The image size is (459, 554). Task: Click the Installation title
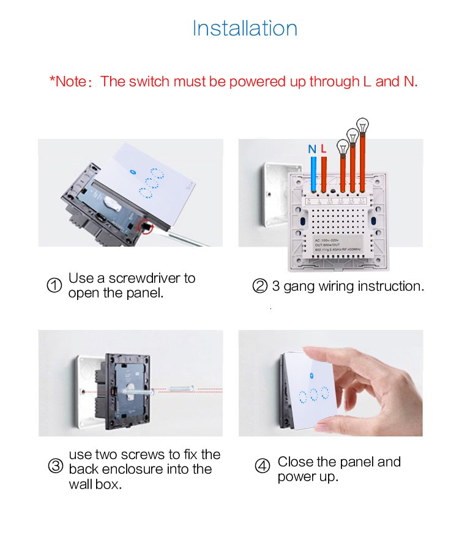[245, 28]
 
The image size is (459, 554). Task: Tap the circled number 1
[54, 286]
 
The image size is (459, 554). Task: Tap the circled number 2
[259, 286]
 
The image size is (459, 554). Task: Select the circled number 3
[55, 466]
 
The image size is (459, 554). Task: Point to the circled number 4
[262, 466]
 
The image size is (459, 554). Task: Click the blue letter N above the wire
[312, 149]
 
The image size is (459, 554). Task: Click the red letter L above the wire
[324, 149]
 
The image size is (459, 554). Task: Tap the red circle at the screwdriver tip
[147, 228]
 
